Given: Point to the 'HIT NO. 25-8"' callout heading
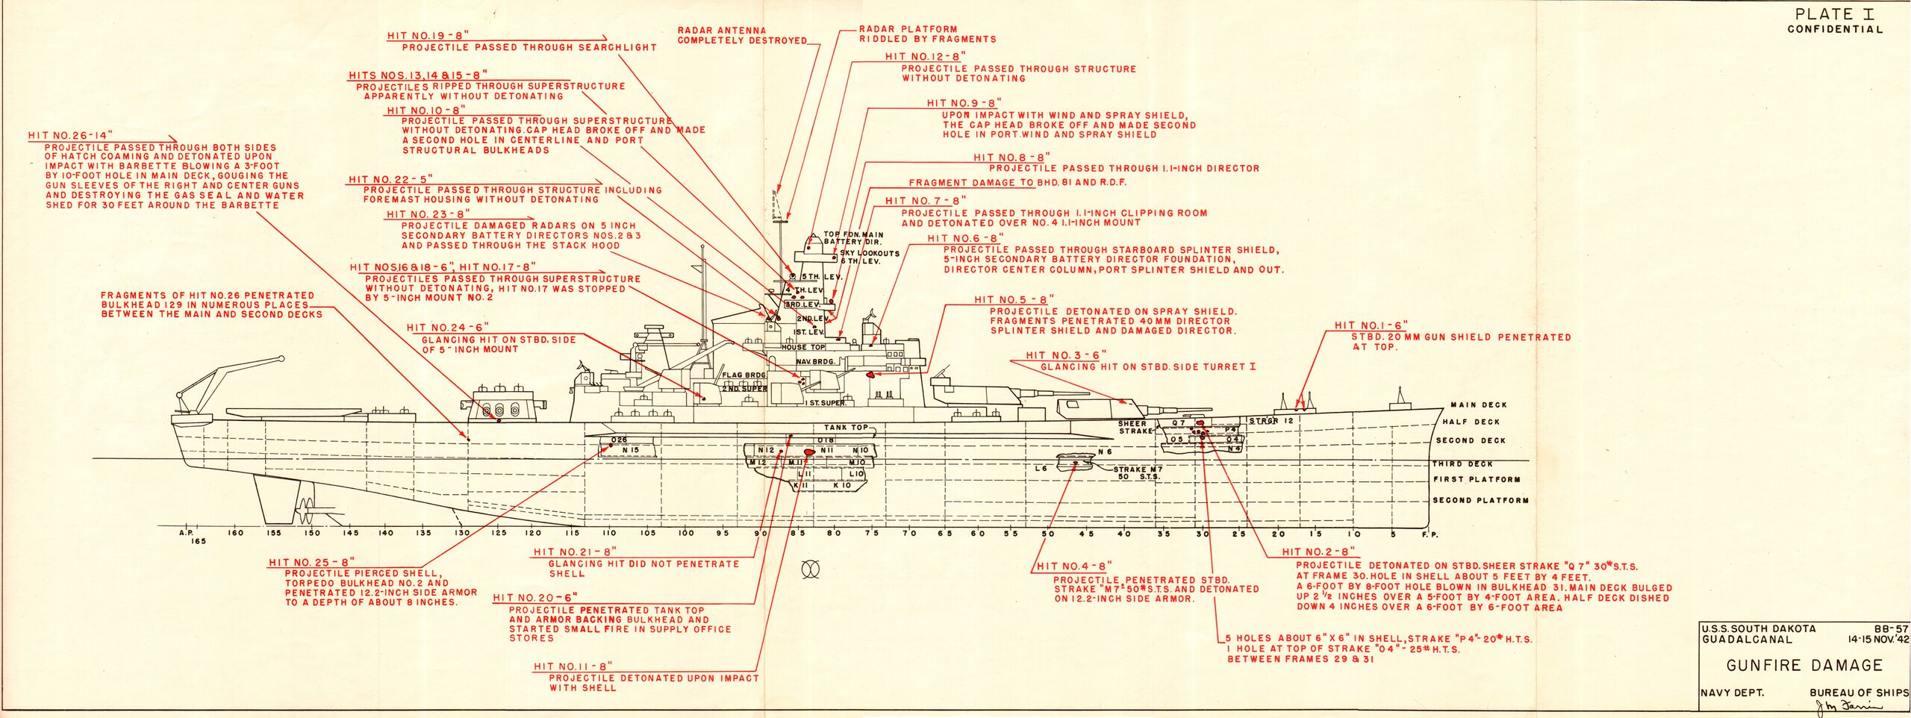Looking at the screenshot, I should pos(311,562).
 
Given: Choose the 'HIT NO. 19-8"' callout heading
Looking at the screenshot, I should pos(428,35).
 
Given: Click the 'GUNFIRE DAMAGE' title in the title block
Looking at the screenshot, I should pos(1804,665).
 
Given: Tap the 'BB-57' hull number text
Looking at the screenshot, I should pos(1890,628).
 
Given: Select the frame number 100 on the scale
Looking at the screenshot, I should pos(685,533).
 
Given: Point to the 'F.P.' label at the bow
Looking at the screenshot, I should pos(1430,534).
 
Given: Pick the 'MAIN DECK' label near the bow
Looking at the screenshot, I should pos(1478,405).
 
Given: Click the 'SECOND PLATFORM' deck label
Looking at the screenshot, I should pos(1480,500).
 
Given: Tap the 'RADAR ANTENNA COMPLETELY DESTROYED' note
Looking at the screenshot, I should pos(742,35).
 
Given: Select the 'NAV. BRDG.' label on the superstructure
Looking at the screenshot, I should pos(813,362).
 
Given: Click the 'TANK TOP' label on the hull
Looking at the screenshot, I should pos(846,428).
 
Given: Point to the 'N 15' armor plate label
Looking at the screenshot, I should pos(631,450).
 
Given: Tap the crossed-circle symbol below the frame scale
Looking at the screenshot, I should pos(810,570).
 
